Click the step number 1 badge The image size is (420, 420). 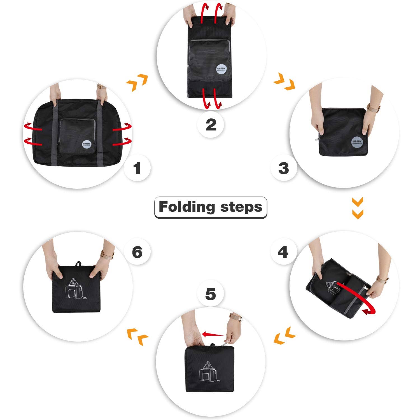click(137, 168)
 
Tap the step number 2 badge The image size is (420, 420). click(211, 125)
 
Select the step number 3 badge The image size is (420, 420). click(283, 168)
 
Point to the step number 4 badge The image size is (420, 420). click(283, 252)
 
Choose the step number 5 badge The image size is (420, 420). click(211, 294)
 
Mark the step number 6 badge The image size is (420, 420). click(137, 252)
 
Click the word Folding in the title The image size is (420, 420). click(187, 207)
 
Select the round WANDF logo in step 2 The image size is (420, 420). click(221, 69)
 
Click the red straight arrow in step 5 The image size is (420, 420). click(213, 334)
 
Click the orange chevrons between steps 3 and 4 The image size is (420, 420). click(358, 208)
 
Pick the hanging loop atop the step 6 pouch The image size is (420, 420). click(79, 263)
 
